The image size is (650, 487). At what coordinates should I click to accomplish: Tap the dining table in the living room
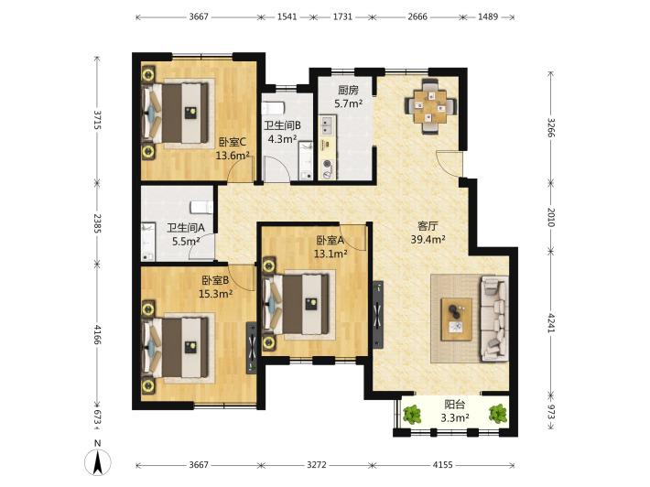(x=431, y=106)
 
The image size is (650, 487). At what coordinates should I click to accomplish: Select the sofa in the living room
(x=494, y=319)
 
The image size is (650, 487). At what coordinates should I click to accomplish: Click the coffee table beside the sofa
(x=457, y=319)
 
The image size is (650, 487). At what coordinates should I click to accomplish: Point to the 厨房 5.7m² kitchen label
(x=348, y=96)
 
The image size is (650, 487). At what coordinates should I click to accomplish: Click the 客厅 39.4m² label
(x=428, y=233)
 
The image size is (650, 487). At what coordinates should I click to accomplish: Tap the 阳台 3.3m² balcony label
(x=455, y=411)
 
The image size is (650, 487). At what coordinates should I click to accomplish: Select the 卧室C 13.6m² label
(x=233, y=149)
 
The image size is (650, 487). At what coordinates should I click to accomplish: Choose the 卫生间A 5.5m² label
(x=186, y=234)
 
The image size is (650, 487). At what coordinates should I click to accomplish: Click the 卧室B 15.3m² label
(x=215, y=287)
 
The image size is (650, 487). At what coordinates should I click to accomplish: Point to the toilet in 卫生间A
(x=202, y=206)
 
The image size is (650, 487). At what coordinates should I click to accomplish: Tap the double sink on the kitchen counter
(x=327, y=125)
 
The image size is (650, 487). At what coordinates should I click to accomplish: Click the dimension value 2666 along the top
(x=417, y=17)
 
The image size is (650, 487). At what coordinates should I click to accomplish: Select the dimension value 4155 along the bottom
(x=443, y=465)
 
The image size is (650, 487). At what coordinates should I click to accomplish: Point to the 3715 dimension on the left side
(x=97, y=120)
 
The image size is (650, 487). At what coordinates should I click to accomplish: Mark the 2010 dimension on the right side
(x=550, y=217)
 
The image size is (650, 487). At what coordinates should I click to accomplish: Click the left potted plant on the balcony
(x=412, y=414)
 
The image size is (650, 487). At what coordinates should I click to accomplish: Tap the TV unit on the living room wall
(x=378, y=315)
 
